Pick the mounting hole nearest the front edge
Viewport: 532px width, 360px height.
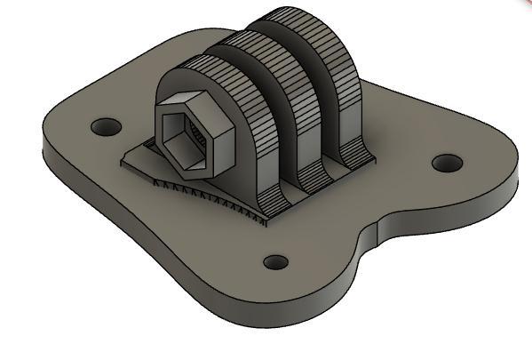[276, 262]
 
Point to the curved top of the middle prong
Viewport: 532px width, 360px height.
[258, 43]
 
